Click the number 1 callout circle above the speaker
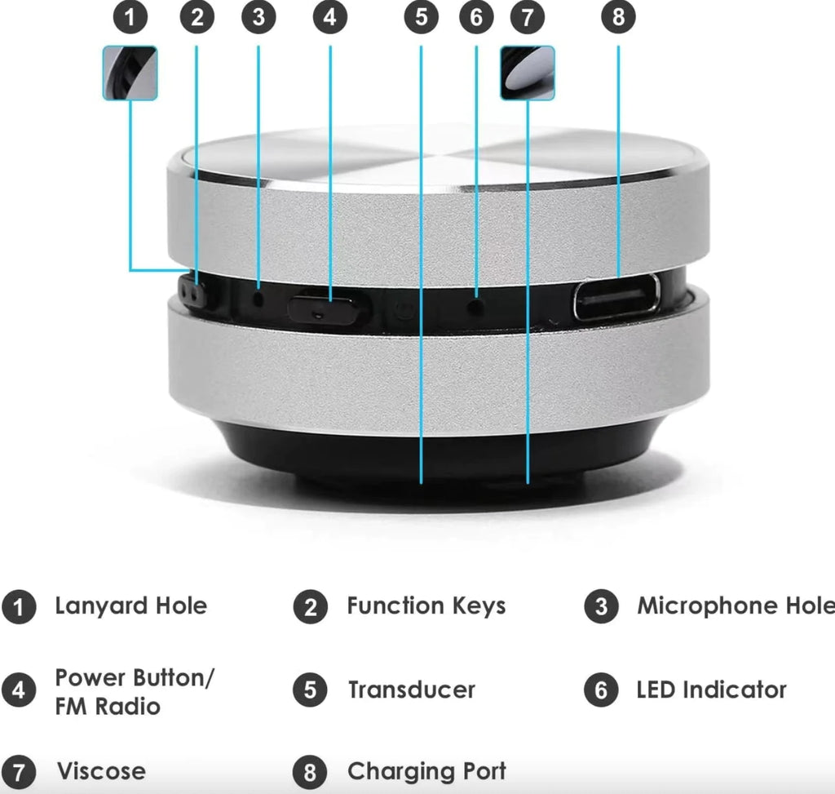click(x=130, y=17)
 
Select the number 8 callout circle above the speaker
click(x=617, y=17)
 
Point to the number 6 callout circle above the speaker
click(x=476, y=17)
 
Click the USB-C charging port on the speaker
click(x=616, y=297)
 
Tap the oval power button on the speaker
click(x=323, y=309)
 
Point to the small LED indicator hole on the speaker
click(x=476, y=306)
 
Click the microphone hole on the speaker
click(x=258, y=298)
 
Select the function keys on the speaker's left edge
click(x=192, y=294)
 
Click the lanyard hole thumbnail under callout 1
click(x=130, y=73)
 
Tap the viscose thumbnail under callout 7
click(x=527, y=73)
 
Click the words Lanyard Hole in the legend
click(x=130, y=606)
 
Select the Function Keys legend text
click(x=426, y=606)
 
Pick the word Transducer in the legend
click(x=411, y=690)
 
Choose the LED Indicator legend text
click(x=711, y=690)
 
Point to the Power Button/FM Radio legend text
click(x=134, y=692)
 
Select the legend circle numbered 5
click(x=310, y=691)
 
